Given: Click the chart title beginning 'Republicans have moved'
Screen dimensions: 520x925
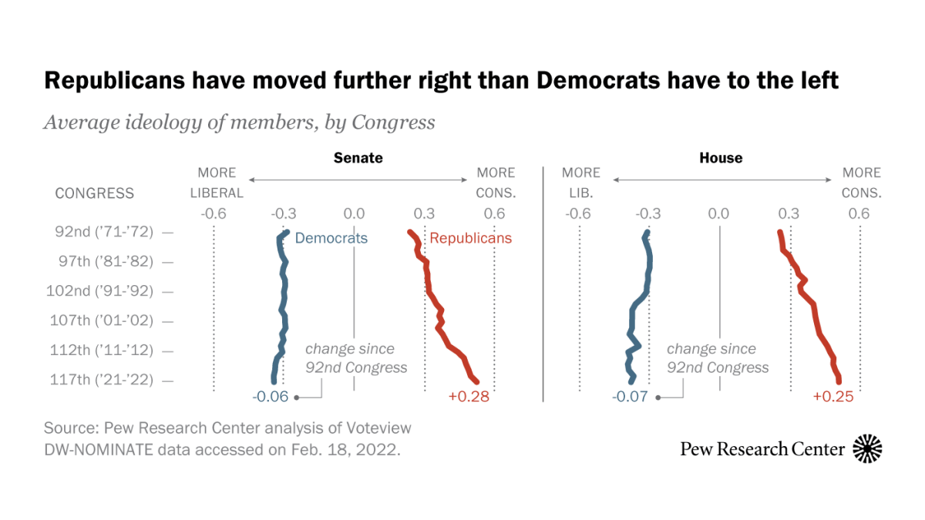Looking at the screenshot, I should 441,80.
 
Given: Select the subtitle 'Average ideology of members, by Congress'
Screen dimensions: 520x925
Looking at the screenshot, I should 239,122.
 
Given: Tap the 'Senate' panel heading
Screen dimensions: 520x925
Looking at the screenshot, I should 358,158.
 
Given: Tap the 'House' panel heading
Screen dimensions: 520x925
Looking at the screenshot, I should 721,158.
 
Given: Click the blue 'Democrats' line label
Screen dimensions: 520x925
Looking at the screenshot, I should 331,238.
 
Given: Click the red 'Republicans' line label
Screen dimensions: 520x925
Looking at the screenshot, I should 470,238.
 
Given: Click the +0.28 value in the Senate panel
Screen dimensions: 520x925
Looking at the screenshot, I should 469,398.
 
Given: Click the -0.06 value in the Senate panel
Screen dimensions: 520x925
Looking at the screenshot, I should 270,398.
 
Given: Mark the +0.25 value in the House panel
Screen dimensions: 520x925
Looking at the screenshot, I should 833,398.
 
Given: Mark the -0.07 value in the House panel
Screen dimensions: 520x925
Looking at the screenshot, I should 630,398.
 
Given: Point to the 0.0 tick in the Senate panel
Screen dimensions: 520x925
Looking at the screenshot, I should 354,213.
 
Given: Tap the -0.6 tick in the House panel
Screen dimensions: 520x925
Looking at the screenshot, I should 577,213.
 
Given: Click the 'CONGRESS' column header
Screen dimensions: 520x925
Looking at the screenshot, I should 94,193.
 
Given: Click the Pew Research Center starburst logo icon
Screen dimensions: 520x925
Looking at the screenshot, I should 867,448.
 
